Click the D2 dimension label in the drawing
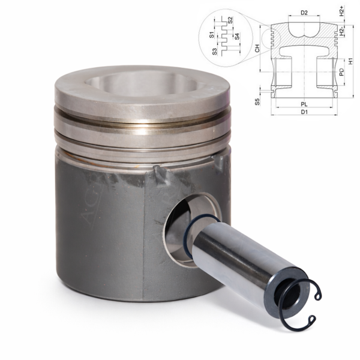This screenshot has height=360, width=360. (304, 12)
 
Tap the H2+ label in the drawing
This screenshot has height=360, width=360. (341, 10)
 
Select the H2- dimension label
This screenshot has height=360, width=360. (341, 31)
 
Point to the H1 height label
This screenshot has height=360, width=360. (350, 61)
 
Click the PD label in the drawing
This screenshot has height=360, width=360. (341, 72)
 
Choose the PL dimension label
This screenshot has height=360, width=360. (304, 104)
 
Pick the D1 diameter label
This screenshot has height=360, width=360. (304, 112)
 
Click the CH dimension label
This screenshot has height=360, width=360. (257, 48)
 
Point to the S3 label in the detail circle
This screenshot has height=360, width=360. (215, 52)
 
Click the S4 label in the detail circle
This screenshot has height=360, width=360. (237, 36)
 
